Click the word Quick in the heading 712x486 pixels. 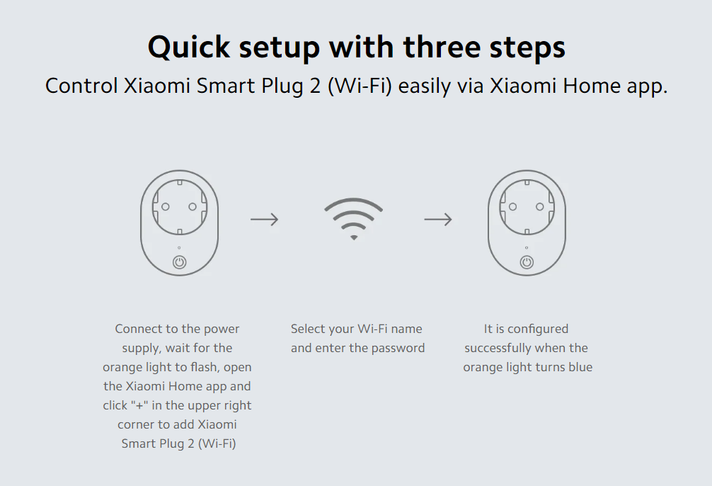(189, 47)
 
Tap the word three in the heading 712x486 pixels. (442, 47)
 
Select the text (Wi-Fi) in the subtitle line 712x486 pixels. (360, 86)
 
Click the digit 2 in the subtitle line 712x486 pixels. (315, 86)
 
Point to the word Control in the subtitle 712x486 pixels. (81, 86)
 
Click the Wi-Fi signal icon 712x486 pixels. (353, 219)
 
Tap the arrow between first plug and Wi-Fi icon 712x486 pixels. (264, 220)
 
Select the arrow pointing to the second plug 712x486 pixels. (438, 220)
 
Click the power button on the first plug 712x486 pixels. (179, 262)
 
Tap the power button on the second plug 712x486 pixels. (527, 262)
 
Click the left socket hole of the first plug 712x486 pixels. (166, 207)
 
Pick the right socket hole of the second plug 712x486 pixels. (540, 207)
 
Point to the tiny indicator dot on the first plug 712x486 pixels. (179, 248)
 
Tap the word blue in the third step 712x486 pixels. (580, 368)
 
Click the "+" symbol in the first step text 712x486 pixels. (139, 405)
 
